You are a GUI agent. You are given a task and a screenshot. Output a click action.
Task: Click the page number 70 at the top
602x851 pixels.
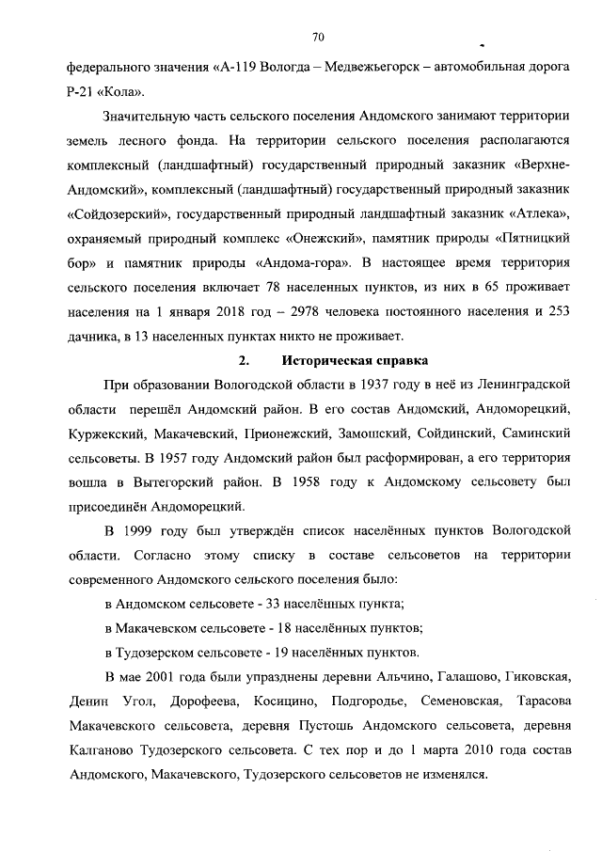317,38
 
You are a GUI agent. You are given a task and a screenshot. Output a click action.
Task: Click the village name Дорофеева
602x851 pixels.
202,703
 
